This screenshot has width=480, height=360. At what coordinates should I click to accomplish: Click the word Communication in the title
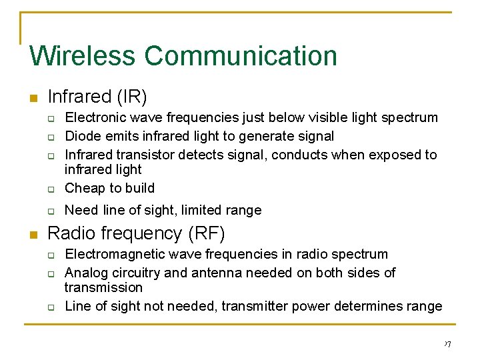pyautogui.click(x=241, y=55)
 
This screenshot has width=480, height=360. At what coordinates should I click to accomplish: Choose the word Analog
pyautogui.click(x=85, y=273)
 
